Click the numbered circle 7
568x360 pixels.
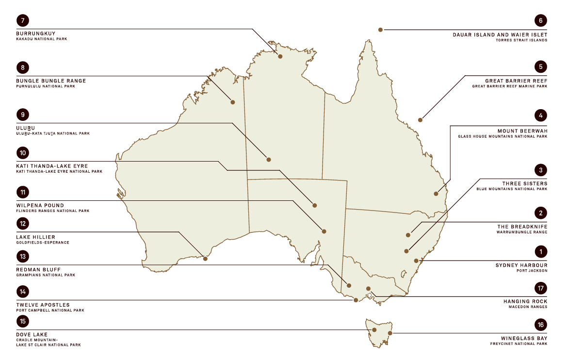pos(23,20)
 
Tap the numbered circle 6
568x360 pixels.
pos(540,20)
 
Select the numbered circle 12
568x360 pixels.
pos(23,224)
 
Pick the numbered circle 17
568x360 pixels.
pos(540,288)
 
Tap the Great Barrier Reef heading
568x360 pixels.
pos(516,81)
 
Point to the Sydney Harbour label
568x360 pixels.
pos(521,265)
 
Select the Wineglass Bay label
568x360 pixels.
pos(524,338)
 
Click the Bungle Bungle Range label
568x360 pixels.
pos(51,81)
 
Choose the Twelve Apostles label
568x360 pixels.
pos(43,305)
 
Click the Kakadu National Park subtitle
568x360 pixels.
pos(41,39)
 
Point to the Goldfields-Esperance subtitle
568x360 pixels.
pos(43,242)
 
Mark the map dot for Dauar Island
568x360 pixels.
pos(381,30)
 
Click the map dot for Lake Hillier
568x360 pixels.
pos(205,259)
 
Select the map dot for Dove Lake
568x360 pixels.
pos(374,330)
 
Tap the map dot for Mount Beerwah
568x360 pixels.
pos(436,194)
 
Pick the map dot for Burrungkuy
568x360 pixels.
pos(280,56)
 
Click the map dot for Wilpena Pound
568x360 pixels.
pos(324,231)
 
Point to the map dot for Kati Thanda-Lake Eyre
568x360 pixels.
pos(315,205)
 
